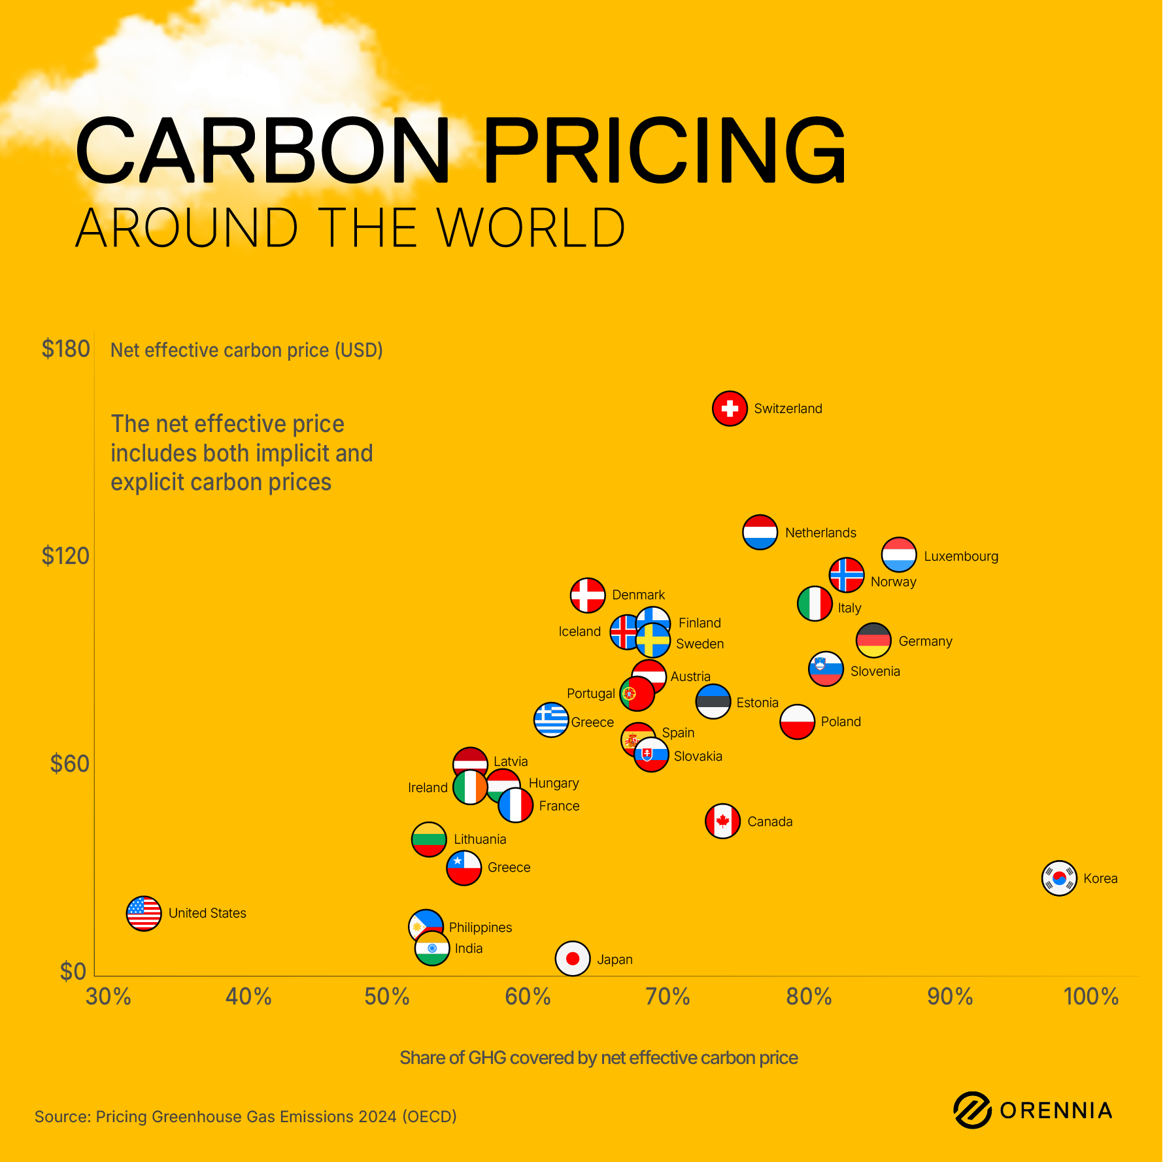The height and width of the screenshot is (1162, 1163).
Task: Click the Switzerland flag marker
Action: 730,408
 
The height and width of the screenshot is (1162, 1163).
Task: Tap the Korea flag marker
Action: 1059,878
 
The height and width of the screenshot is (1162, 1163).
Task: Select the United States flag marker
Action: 144,913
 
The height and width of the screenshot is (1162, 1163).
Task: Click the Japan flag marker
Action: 573,959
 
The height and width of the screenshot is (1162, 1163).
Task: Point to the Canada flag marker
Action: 722,821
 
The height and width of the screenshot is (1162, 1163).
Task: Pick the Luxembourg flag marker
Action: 899,555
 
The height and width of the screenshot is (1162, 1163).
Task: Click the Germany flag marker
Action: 873,640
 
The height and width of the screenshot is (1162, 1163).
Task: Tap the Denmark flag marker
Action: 588,595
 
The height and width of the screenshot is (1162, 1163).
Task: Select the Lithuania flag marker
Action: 429,840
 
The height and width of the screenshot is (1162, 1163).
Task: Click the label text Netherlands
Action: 820,533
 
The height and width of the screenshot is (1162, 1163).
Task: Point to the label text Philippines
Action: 480,927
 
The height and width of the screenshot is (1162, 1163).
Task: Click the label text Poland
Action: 841,722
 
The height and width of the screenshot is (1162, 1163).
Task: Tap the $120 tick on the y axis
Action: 65,556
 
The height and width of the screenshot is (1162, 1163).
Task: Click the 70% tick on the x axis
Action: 667,997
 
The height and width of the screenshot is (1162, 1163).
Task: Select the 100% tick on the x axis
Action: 1090,997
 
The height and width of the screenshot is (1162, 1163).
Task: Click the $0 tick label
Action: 73,971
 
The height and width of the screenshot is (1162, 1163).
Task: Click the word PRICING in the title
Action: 664,151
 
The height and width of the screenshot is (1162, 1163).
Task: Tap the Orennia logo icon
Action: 972,1110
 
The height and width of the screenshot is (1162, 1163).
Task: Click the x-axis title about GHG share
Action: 598,1057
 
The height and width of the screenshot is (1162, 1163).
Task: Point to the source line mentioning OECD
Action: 245,1116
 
